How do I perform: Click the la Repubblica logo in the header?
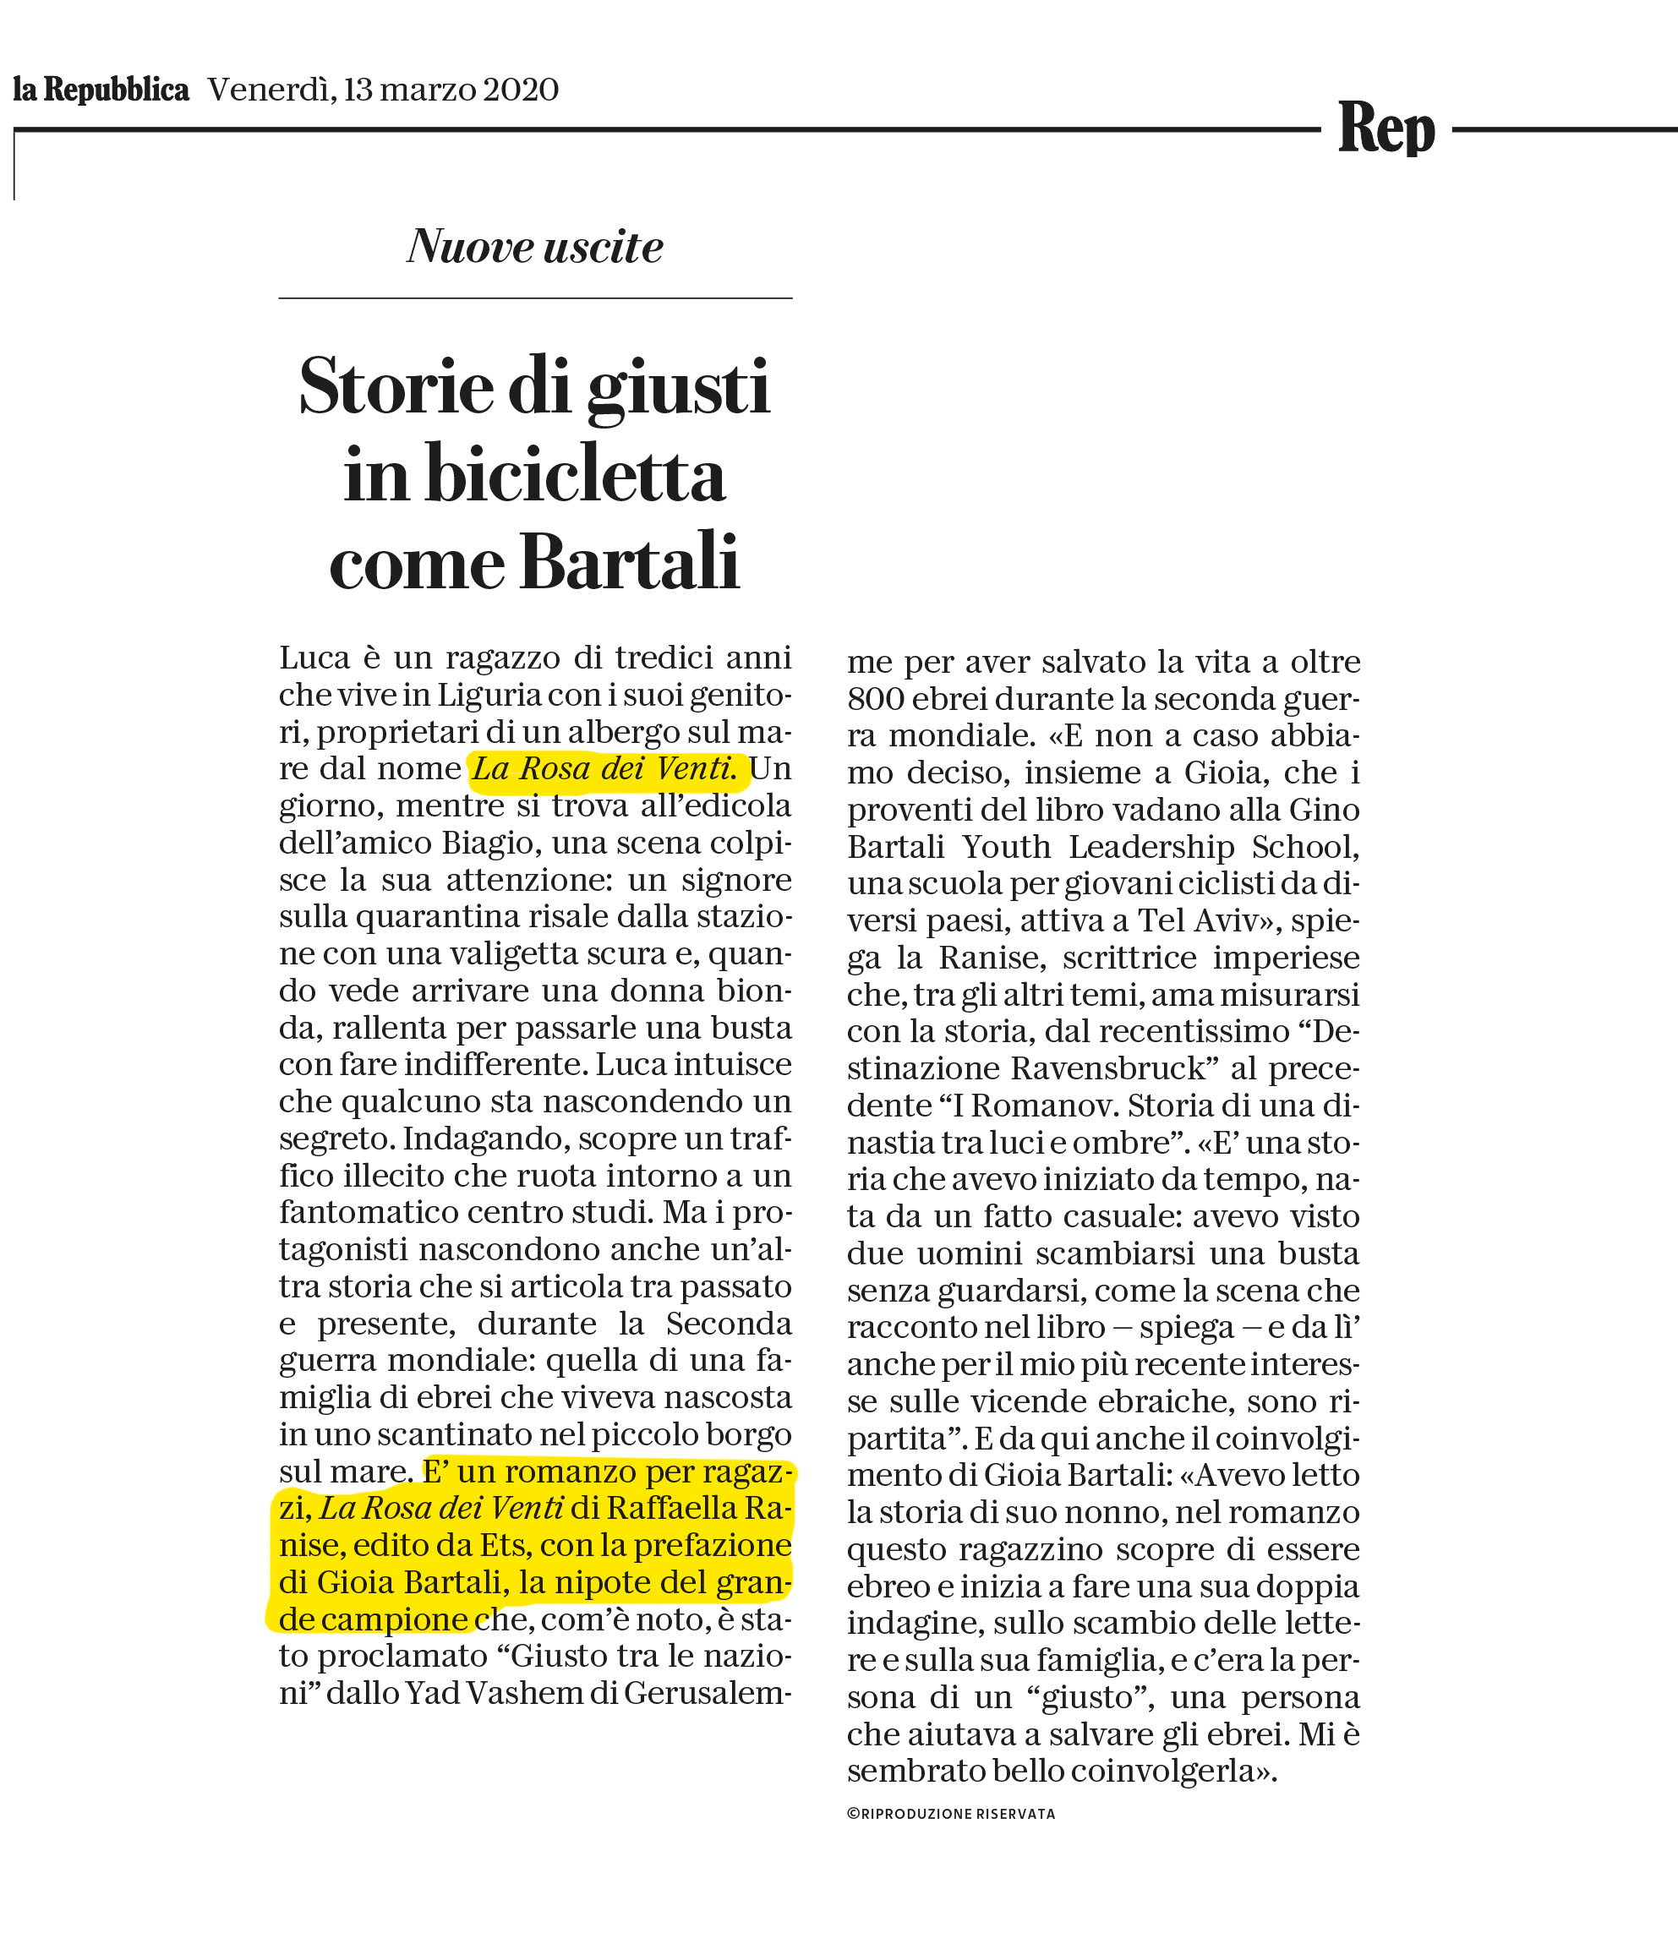[x=101, y=90]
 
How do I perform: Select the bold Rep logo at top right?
[x=1386, y=128]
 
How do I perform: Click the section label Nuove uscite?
[x=535, y=247]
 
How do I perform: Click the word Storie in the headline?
[x=396, y=385]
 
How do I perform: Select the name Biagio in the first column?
[x=488, y=844]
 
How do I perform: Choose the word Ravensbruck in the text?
[x=1108, y=1068]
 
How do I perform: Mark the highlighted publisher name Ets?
[x=505, y=1545]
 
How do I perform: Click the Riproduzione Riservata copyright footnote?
[x=951, y=1814]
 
